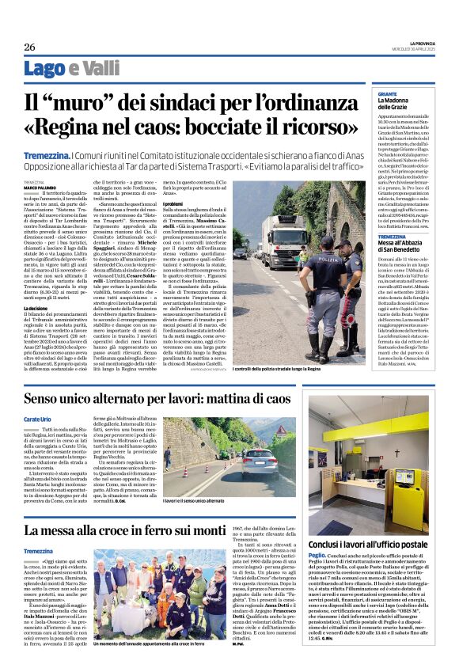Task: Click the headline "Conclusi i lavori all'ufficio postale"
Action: pos(383,545)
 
